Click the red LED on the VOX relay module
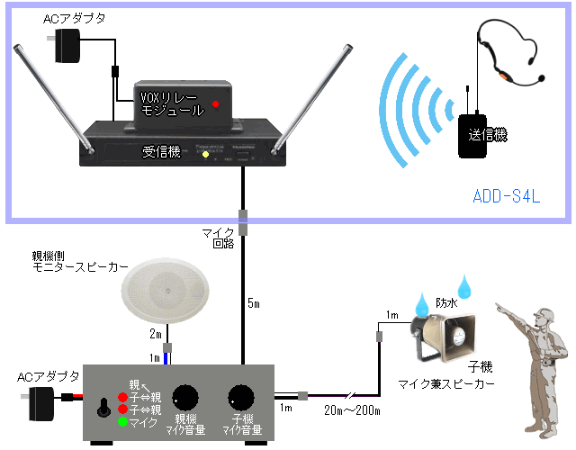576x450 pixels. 215,103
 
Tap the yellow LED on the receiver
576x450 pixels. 205,155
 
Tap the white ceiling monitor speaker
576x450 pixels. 168,292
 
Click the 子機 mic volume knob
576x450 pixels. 240,397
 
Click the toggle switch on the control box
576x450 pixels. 103,409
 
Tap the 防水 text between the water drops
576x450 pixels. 447,303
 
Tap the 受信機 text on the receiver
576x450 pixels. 162,152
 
